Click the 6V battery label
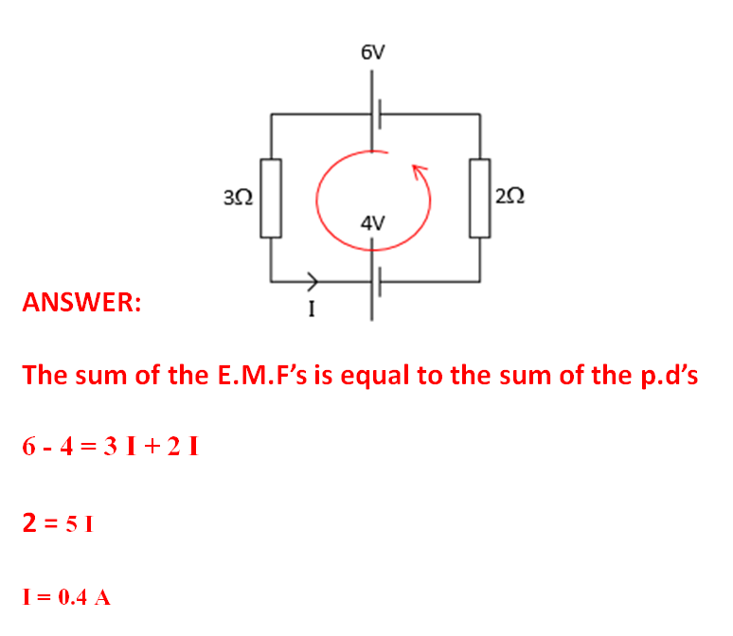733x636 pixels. (373, 53)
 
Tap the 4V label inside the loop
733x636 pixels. (372, 223)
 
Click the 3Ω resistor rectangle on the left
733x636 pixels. (272, 198)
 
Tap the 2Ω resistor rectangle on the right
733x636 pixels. (479, 198)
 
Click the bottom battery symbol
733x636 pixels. (373, 281)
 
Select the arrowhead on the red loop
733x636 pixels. (420, 171)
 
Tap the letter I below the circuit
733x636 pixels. (312, 308)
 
